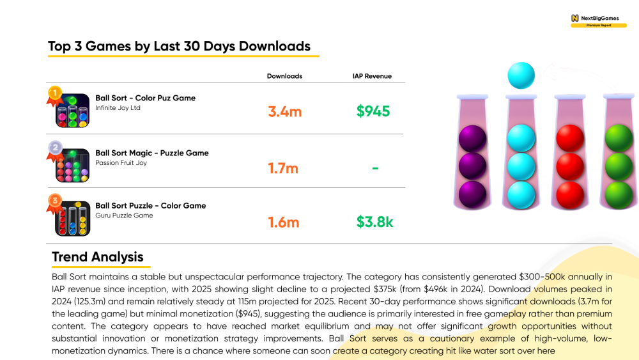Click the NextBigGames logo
click(599, 21)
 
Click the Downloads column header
click(284, 76)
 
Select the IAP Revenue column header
click(372, 76)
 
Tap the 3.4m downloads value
click(285, 111)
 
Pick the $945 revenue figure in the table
click(373, 111)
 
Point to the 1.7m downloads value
click(283, 168)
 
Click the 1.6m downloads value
click(284, 222)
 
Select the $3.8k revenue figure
click(374, 222)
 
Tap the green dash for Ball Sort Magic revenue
click(375, 168)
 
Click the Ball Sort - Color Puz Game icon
click(73, 111)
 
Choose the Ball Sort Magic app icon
click(73, 165)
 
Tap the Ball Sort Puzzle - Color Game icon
click(73, 219)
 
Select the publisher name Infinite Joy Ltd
click(118, 107)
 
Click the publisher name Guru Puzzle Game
click(125, 215)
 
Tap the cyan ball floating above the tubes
click(521, 75)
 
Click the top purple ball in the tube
click(473, 139)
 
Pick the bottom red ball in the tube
click(570, 195)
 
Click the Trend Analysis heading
click(97, 257)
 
